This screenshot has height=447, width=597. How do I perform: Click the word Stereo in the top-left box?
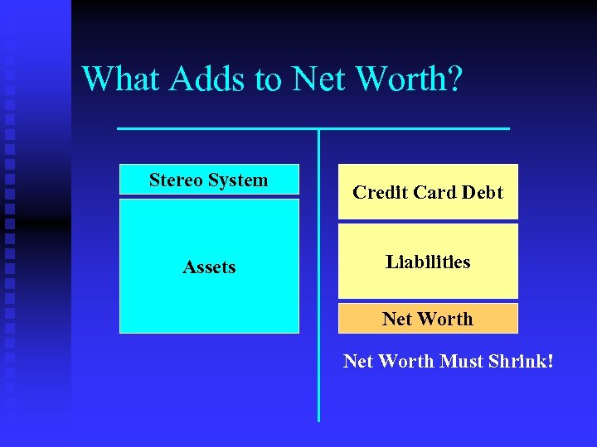176,180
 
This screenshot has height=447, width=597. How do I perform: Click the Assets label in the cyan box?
209,267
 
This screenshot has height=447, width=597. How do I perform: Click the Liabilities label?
428,262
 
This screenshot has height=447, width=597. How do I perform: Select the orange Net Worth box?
428,318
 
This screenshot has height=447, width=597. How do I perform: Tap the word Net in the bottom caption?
359,361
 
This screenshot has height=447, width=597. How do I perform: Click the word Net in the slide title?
319,79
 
